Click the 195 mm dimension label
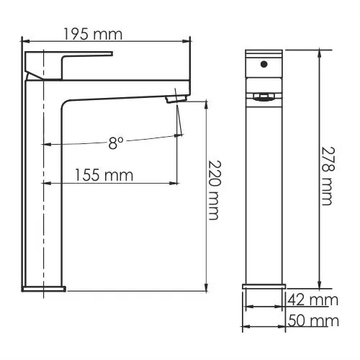[x=102, y=34]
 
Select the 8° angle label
[x=116, y=143]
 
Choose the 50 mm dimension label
[x=313, y=320]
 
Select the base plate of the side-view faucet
[x=44, y=288]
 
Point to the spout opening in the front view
[x=264, y=94]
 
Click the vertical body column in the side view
[x=45, y=187]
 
